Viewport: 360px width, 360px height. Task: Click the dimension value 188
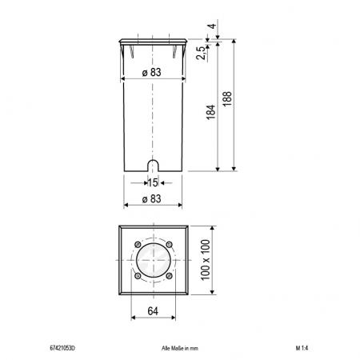227,99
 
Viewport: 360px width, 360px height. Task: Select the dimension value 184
211,112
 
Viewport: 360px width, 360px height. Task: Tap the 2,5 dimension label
201,53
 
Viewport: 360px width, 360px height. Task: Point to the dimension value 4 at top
212,26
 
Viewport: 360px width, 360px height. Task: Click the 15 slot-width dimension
153,182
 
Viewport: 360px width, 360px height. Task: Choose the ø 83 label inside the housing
152,72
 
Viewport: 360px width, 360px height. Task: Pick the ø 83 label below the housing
152,198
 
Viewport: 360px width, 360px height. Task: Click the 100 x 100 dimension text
206,260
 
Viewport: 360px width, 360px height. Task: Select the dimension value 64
153,311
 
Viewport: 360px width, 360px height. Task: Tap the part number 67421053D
62,348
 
